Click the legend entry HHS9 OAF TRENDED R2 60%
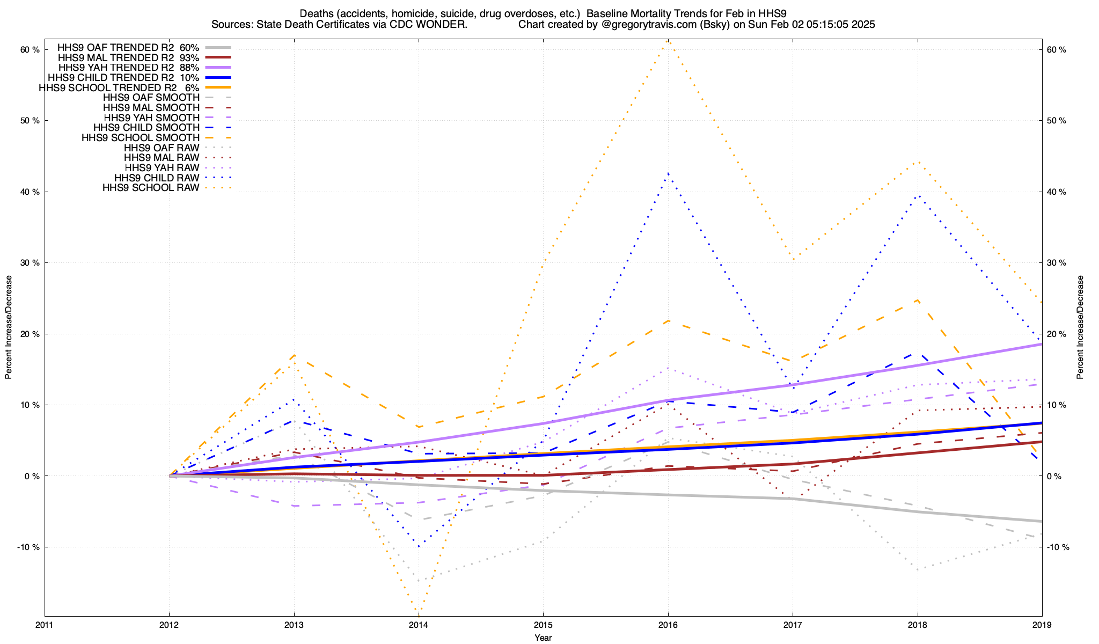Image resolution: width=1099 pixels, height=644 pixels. pyautogui.click(x=128, y=47)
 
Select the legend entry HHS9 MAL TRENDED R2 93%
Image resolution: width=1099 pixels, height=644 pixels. pyautogui.click(x=128, y=57)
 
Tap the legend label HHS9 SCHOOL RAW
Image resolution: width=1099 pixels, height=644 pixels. pyautogui.click(x=151, y=188)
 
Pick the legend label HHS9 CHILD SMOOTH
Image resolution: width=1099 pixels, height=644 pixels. pyautogui.click(x=146, y=128)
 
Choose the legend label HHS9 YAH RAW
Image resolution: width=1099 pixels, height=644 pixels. pyautogui.click(x=162, y=168)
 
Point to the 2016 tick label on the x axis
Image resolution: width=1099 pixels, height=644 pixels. pyautogui.click(x=668, y=625)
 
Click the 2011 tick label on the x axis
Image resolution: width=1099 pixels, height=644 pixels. pyautogui.click(x=45, y=625)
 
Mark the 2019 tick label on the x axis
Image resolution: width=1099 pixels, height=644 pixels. pyautogui.click(x=1042, y=625)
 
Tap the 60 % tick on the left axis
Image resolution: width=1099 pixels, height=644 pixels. pyautogui.click(x=30, y=50)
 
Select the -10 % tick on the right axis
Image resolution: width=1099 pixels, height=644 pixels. pyautogui.click(x=1058, y=547)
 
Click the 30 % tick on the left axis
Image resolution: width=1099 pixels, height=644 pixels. pyautogui.click(x=30, y=263)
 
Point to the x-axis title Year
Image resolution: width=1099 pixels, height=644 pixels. pyautogui.click(x=543, y=638)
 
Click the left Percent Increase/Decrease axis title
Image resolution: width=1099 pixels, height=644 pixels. pyautogui.click(x=9, y=327)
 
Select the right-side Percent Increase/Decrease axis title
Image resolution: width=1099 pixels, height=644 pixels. pyautogui.click(x=1080, y=327)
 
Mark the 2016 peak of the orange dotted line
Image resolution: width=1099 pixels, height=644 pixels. pyautogui.click(x=668, y=41)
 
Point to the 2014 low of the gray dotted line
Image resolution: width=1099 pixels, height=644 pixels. pyautogui.click(x=419, y=581)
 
